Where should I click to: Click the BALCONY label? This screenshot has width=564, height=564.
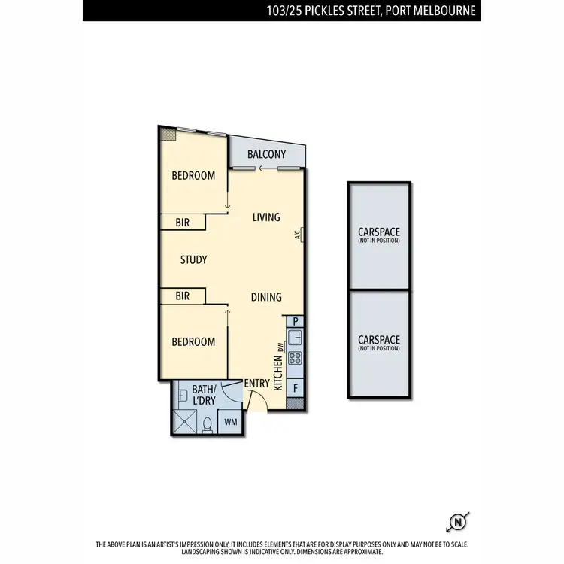click(267, 154)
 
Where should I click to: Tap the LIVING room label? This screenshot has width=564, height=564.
click(266, 217)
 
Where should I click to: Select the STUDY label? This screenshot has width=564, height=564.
click(193, 260)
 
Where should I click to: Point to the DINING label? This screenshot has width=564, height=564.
click(266, 297)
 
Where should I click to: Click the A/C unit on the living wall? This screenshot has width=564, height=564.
click(299, 235)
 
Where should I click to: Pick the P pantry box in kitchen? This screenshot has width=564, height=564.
click(296, 320)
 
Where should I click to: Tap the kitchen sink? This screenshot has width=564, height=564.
click(296, 337)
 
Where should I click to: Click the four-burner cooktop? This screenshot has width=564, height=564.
click(296, 358)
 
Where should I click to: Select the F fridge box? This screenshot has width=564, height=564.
click(296, 388)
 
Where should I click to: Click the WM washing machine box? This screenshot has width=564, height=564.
click(230, 421)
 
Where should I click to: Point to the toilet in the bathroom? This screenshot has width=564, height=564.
click(207, 424)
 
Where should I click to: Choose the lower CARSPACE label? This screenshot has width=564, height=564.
click(379, 343)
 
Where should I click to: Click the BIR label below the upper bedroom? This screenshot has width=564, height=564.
click(182, 223)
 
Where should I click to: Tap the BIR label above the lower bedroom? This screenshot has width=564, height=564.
click(182, 296)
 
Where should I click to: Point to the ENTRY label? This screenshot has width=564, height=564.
click(256, 384)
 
